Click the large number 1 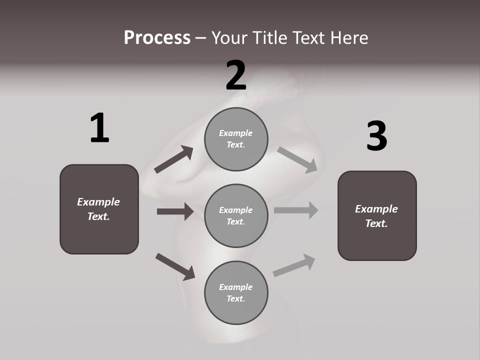click(99, 128)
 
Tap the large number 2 click(236, 75)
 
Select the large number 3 click(376, 136)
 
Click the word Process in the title click(157, 37)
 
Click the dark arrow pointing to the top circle click(173, 160)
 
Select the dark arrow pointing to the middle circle click(175, 211)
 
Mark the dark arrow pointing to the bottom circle click(175, 266)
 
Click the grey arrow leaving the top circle click(297, 159)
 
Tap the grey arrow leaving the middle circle click(295, 210)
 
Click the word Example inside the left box click(98, 202)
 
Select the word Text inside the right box click(376, 223)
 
